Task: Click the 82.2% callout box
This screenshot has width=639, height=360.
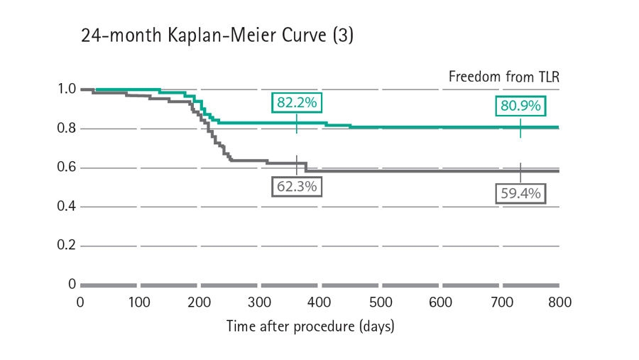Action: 296,103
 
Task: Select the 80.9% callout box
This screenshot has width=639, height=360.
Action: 520,107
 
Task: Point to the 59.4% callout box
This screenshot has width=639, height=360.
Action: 520,192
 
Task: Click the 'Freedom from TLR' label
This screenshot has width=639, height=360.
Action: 504,77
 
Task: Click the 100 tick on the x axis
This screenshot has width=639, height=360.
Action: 140,302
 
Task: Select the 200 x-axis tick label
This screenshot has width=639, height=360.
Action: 200,302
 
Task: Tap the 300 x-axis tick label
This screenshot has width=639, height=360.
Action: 260,302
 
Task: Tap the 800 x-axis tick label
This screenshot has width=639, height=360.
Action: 559,302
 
